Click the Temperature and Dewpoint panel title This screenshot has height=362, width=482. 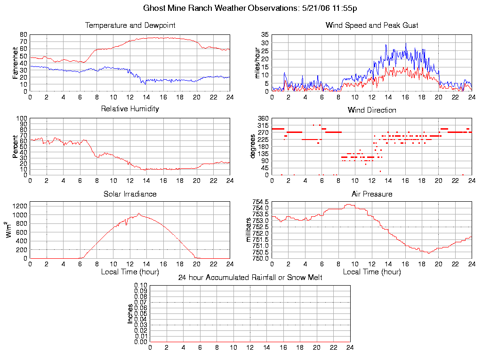[x=130, y=25]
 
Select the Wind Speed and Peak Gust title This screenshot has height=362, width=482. [x=372, y=25]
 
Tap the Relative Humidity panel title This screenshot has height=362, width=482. [x=130, y=109]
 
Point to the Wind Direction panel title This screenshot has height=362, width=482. [x=372, y=110]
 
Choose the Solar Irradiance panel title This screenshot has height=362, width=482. [x=130, y=194]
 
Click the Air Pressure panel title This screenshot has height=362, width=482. [x=372, y=194]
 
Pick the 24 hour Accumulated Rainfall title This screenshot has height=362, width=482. [x=250, y=278]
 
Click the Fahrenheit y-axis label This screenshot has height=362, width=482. [x=16, y=63]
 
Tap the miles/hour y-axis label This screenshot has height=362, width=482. [x=257, y=63]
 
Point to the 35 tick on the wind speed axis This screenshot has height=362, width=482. [x=265, y=35]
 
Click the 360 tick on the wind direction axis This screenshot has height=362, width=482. [x=263, y=119]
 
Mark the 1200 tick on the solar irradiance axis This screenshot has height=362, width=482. [x=21, y=206]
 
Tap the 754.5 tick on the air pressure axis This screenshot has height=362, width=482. [x=261, y=202]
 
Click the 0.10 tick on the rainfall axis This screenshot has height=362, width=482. [x=141, y=286]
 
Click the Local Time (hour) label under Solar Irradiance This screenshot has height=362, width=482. [x=130, y=272]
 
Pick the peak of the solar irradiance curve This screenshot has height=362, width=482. [x=138, y=214]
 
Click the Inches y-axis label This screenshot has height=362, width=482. [x=130, y=313]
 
